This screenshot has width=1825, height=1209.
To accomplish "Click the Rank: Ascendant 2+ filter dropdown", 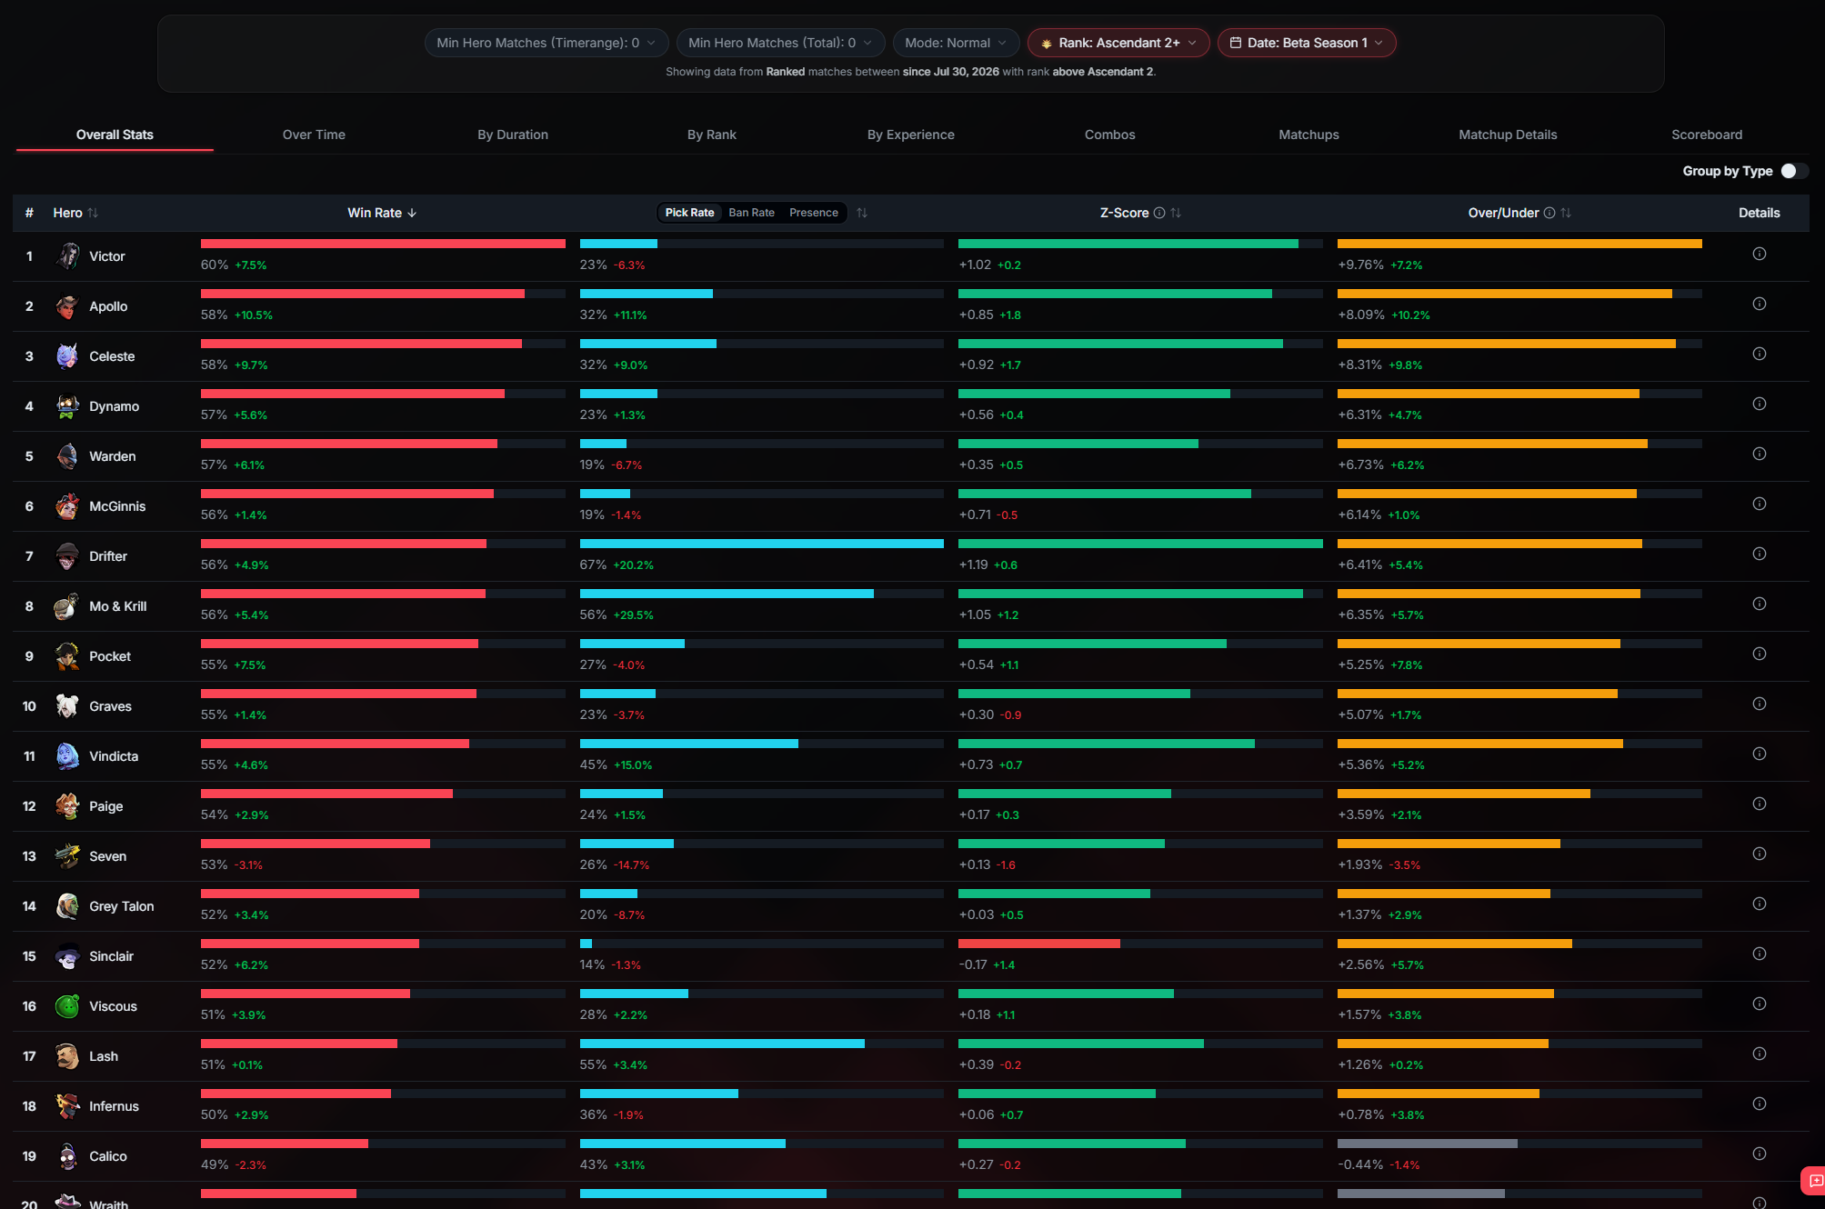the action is click(x=1118, y=43).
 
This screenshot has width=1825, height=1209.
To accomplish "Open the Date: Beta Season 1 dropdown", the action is click(x=1307, y=43).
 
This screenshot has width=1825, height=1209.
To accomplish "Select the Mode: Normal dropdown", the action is click(x=956, y=43).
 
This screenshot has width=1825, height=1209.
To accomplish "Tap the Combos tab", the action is click(x=1109, y=135).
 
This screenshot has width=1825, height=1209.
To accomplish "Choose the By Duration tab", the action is click(x=513, y=135).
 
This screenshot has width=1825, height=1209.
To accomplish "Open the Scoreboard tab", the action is click(x=1707, y=135).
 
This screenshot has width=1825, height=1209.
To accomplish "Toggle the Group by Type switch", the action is click(x=1793, y=171).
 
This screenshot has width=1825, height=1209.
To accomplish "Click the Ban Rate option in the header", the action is click(x=751, y=213).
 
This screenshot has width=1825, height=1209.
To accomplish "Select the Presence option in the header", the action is click(x=814, y=213).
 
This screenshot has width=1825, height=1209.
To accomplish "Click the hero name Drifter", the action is click(x=108, y=556).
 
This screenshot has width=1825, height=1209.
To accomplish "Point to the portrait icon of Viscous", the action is click(x=67, y=1006).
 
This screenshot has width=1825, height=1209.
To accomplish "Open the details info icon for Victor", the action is click(x=1760, y=254).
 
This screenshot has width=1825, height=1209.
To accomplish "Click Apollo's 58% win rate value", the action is click(x=215, y=315).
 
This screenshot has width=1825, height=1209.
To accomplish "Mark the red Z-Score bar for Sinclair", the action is click(x=1039, y=944).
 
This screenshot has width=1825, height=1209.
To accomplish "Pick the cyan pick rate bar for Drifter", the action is click(x=762, y=544).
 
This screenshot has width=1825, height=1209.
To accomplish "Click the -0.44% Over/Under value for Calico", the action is click(x=1360, y=1164).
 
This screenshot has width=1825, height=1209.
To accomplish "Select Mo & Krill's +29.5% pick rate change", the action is click(x=633, y=614).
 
